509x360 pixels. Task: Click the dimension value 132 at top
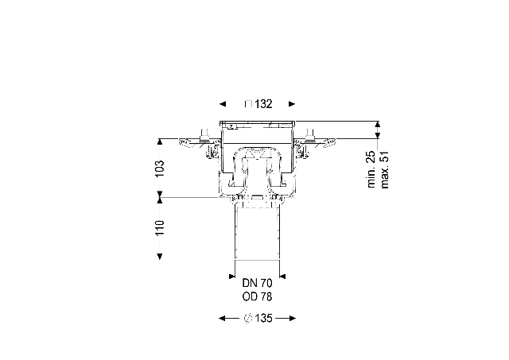(263, 104)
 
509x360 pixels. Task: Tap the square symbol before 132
(248, 104)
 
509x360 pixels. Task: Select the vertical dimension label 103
(160, 168)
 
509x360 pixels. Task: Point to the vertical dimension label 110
(160, 227)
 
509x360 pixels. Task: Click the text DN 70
(257, 283)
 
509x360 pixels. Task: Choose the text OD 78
(257, 296)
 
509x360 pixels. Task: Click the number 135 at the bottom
(263, 319)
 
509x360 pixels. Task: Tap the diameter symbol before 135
(248, 319)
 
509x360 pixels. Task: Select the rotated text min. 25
(371, 169)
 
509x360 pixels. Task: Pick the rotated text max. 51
(384, 169)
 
